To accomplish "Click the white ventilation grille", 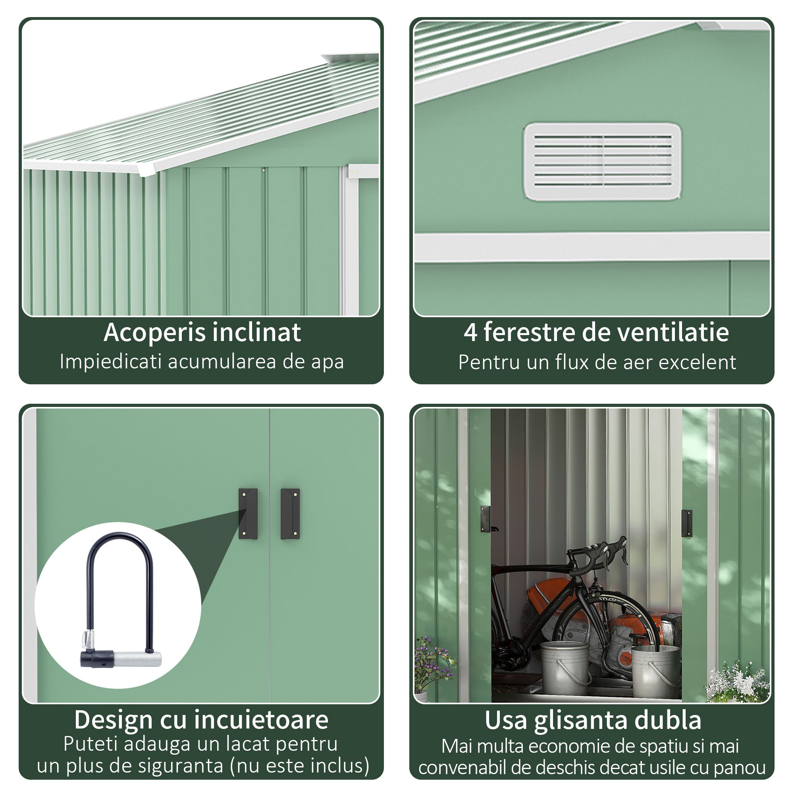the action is [602, 161].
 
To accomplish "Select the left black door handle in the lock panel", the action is [248, 514].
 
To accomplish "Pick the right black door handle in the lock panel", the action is [290, 514].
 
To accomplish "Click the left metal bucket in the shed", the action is [564, 668].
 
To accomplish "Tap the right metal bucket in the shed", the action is [655, 671].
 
